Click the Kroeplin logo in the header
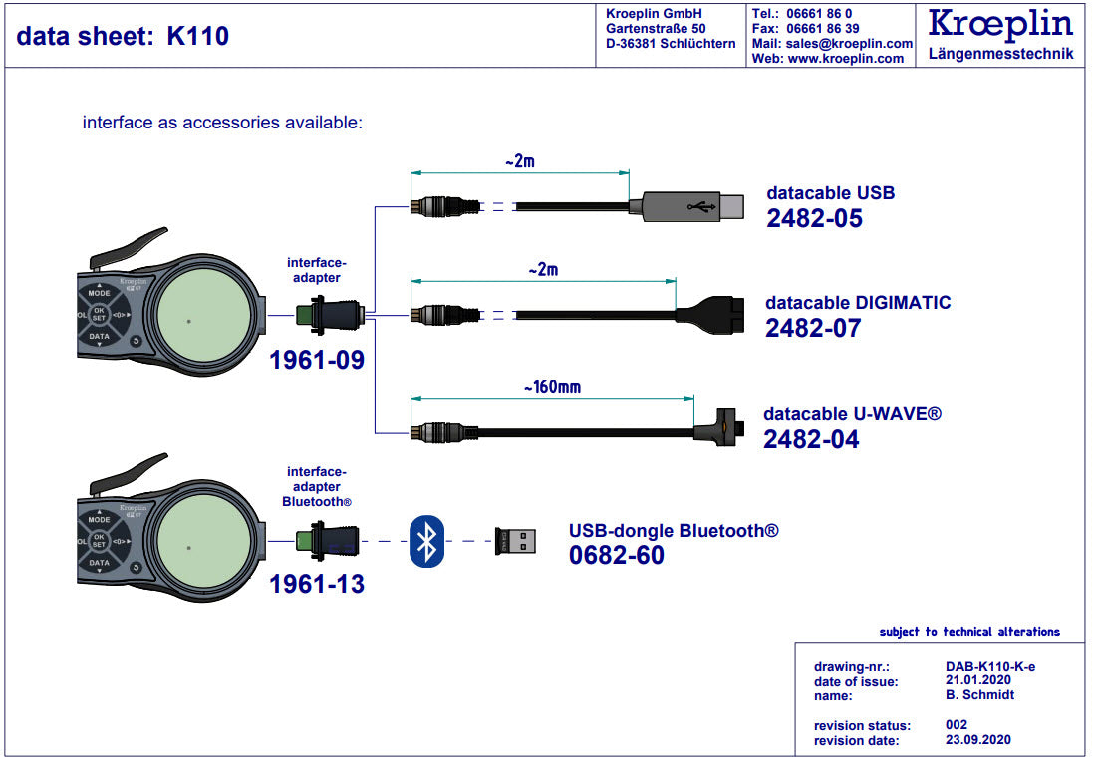coord(1000,24)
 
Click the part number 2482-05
coord(814,218)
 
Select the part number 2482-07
coord(813,328)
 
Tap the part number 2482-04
coord(811,439)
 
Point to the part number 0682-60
coord(616,556)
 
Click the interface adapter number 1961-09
coord(317,360)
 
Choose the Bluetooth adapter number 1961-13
coord(317,584)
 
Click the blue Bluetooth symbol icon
coord(426,541)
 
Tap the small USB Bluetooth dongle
coord(515,541)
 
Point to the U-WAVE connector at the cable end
coord(723,430)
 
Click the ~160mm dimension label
coord(551,386)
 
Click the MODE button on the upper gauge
coord(99,294)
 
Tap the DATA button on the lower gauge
coord(99,563)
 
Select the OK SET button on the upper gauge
coord(99,315)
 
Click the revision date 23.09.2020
coord(977,740)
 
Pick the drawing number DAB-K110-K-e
coord(989,666)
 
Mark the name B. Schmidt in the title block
coord(979,694)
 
